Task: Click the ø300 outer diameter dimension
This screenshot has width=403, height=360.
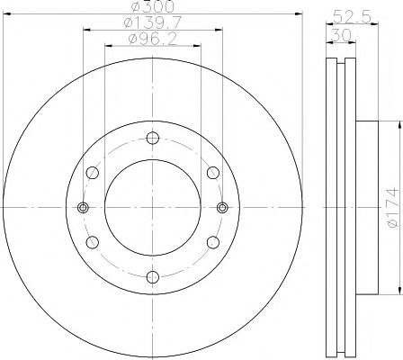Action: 152,9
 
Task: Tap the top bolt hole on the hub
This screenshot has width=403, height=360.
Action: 152,138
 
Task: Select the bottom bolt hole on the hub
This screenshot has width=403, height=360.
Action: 152,276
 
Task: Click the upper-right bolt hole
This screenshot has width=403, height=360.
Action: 212,173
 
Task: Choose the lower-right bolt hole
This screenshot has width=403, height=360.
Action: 212,241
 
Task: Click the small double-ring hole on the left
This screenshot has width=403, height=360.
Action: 83,207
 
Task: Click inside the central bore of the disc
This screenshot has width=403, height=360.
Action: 152,207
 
